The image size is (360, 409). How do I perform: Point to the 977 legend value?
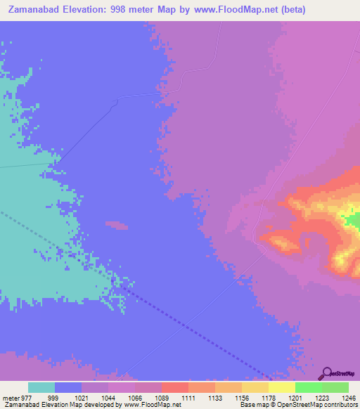pyautogui.click(x=27, y=398)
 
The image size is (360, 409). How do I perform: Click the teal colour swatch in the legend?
pyautogui.click(x=41, y=387)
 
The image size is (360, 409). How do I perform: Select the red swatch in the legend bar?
pyautogui.click(x=174, y=387)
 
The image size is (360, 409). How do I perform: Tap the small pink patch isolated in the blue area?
pyautogui.click(x=117, y=225)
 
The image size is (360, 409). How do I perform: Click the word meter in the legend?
pyautogui.click(x=10, y=398)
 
